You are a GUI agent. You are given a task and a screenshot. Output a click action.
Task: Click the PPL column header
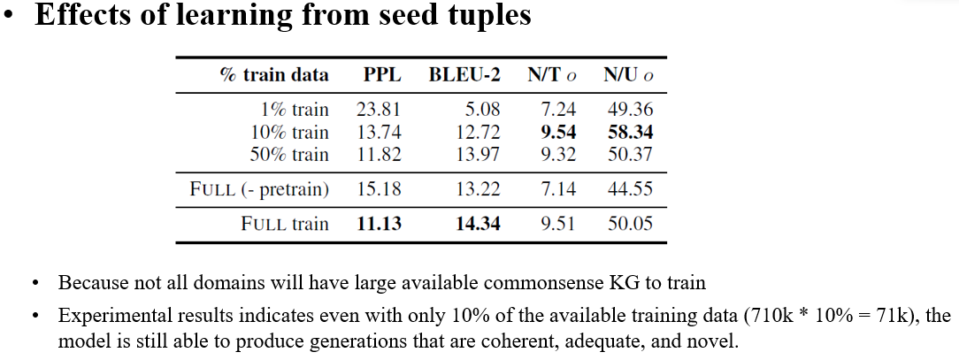(382, 75)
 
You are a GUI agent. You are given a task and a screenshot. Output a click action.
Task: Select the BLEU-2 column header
(464, 75)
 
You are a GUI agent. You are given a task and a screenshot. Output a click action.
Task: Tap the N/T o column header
(552, 75)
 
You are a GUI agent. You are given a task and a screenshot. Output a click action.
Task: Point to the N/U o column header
(629, 75)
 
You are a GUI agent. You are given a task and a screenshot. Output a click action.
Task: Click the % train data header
(273, 75)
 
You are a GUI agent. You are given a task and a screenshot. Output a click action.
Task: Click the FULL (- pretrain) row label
(259, 188)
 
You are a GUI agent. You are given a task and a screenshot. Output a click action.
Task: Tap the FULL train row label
(284, 224)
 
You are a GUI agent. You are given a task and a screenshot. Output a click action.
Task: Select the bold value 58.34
(630, 133)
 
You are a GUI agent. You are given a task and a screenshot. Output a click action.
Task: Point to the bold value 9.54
(557, 133)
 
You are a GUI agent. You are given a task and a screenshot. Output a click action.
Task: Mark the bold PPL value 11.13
(379, 224)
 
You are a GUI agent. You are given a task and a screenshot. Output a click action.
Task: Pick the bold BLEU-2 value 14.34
(478, 224)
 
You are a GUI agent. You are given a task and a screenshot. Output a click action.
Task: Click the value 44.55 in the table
(630, 188)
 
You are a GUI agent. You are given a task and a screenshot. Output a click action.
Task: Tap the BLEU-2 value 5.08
(483, 111)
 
